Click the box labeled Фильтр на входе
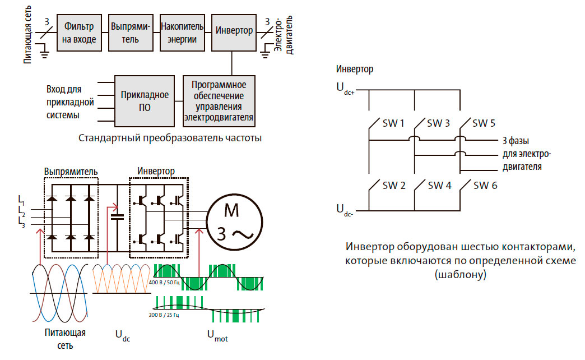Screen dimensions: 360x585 pos(80,33)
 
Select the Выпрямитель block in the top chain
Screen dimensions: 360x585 pos(130,33)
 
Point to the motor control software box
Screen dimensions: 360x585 pos(219,101)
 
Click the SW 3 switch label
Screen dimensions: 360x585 pos(438,123)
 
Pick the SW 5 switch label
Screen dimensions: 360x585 pos(484,123)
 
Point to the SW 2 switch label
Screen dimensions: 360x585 pos(393,185)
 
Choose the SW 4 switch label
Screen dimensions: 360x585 pos(439,185)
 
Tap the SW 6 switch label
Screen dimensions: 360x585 pos(485,185)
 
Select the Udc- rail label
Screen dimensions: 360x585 pos(344,209)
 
